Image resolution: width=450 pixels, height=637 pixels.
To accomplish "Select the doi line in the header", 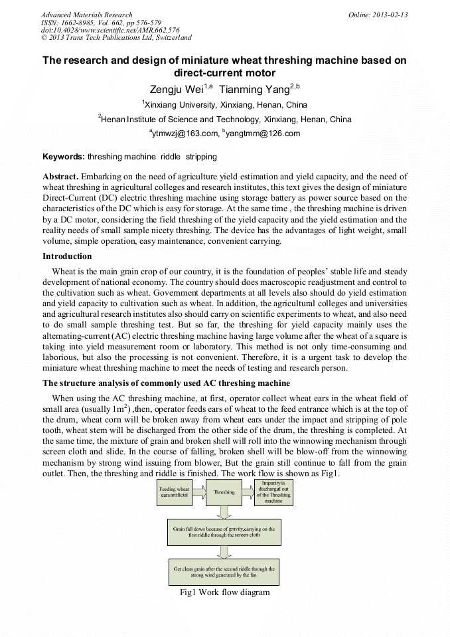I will click(x=110, y=31).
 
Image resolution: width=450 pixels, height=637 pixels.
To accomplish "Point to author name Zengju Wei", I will click(x=175, y=89).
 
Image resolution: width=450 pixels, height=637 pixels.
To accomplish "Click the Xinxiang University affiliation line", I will click(x=225, y=105).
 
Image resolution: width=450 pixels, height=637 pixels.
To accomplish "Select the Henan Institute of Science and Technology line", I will click(x=225, y=120).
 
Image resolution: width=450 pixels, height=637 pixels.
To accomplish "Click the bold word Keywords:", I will click(x=64, y=157).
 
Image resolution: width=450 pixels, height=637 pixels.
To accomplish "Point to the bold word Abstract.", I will click(x=60, y=177).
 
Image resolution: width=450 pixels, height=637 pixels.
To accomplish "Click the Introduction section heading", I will click(x=67, y=256).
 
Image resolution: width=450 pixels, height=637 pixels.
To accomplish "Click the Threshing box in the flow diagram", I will click(x=224, y=492).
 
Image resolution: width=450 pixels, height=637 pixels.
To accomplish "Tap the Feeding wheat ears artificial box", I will click(x=175, y=492).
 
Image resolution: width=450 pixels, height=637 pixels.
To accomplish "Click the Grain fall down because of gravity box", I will click(x=224, y=531).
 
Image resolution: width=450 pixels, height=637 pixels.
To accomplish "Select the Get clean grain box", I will click(x=224, y=572).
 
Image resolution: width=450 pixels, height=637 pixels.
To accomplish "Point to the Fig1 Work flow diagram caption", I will click(x=224, y=592).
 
